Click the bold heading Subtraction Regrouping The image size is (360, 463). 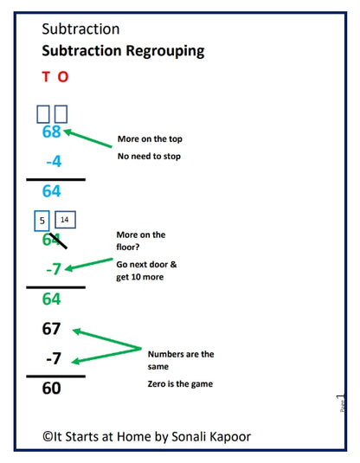[123, 50]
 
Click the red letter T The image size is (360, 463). [46, 77]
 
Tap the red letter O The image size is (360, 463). [62, 77]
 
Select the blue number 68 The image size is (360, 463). [52, 132]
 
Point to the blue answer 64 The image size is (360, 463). [52, 191]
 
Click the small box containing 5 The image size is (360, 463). [42, 221]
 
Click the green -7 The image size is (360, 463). [53, 269]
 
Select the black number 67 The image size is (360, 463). [52, 329]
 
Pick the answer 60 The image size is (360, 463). [52, 389]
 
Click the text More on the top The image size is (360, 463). [149, 139]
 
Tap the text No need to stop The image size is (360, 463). [150, 158]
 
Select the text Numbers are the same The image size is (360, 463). [180, 359]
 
